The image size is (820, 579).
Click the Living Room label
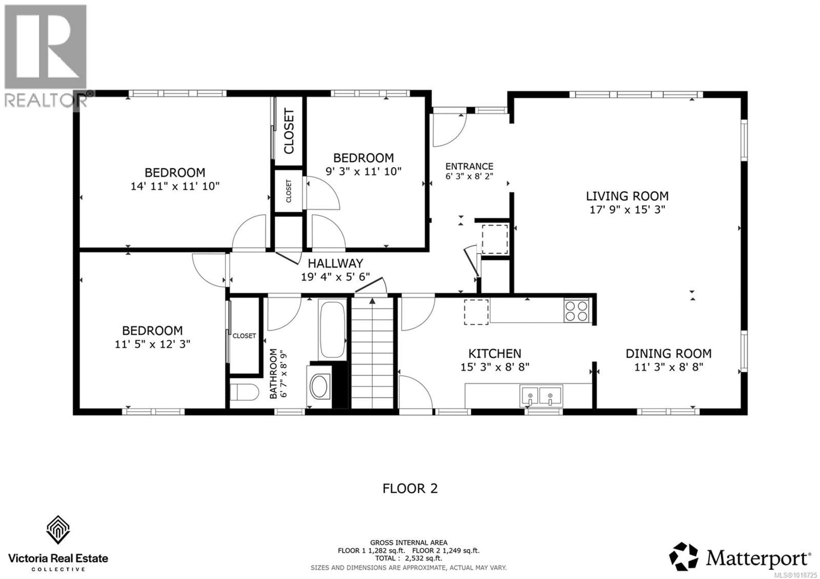(x=627, y=196)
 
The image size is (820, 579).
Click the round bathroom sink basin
(x=320, y=386)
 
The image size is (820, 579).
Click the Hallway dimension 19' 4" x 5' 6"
(x=335, y=277)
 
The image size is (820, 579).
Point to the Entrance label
(x=469, y=166)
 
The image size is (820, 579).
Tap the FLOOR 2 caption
(x=410, y=488)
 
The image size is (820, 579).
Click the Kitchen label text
(x=495, y=353)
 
